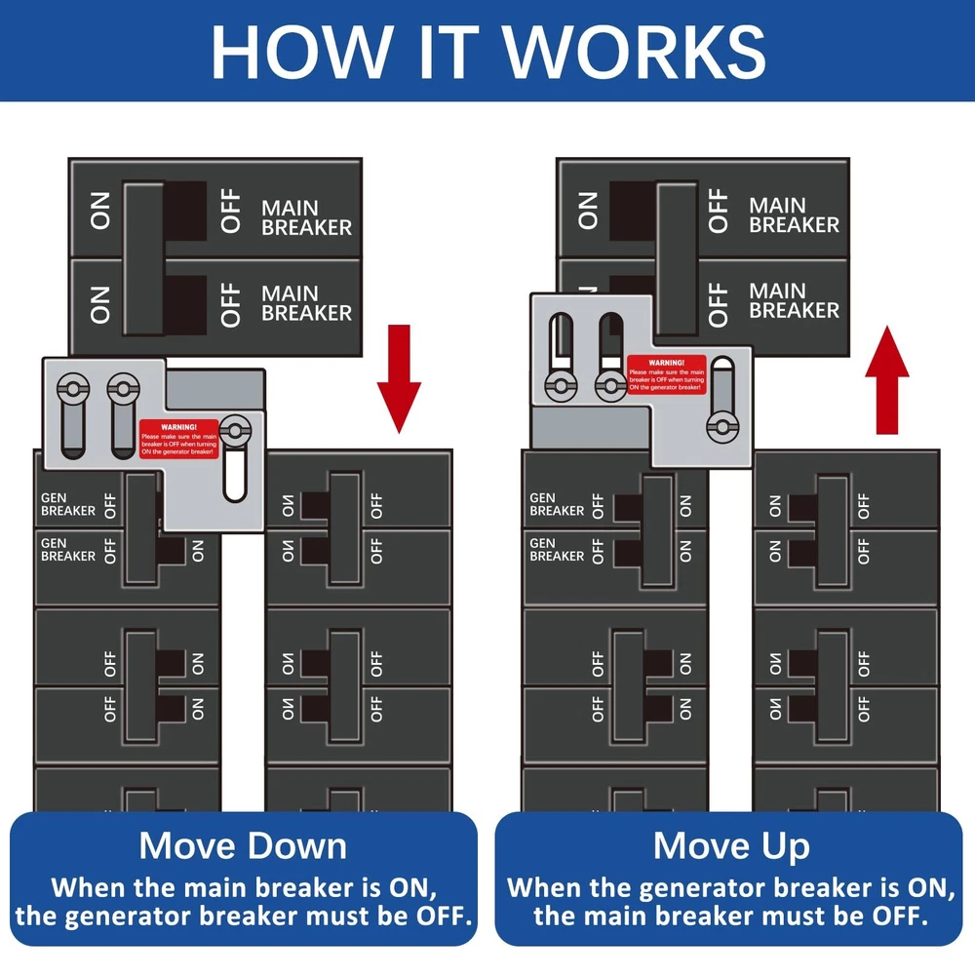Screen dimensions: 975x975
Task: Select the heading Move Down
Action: click(x=243, y=844)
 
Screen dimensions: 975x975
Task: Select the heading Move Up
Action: click(x=731, y=844)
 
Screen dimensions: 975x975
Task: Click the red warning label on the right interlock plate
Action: click(x=666, y=373)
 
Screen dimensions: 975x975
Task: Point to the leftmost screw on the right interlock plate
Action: click(x=563, y=386)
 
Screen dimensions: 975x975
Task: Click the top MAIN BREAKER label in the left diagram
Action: click(x=306, y=216)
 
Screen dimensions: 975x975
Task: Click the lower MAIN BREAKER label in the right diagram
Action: click(x=794, y=300)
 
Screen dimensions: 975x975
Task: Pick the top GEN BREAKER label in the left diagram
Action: click(x=68, y=503)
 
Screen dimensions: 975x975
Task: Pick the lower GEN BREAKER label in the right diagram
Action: click(x=557, y=549)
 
